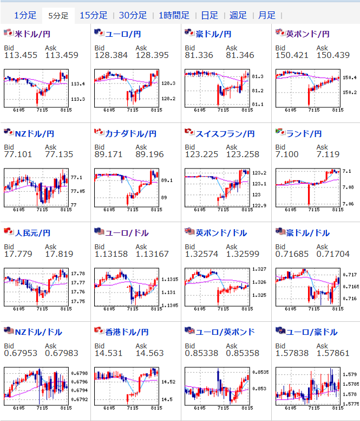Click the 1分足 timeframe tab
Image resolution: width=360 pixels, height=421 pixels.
[25, 15]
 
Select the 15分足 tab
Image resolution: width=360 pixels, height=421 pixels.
[93, 15]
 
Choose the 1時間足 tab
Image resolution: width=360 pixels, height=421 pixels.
[174, 15]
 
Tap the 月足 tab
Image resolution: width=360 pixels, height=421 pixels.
[266, 15]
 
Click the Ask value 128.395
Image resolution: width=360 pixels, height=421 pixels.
[152, 55]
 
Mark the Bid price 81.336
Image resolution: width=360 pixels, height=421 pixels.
[199, 55]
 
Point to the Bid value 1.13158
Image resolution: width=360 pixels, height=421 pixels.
[111, 254]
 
